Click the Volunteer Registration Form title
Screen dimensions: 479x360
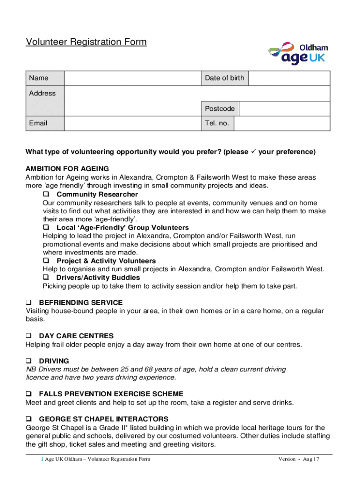[86, 42]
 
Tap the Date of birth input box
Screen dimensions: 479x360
[289, 78]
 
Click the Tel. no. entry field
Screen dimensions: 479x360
[282, 123]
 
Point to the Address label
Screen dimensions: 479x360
[42, 93]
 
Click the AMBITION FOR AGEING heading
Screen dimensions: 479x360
[67, 168]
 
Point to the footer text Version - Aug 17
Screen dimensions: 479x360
[298, 459]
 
